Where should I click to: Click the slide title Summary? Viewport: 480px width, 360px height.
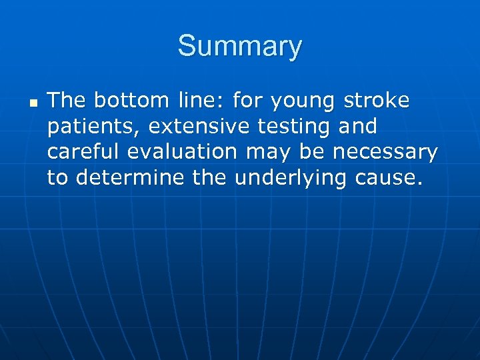[x=240, y=47]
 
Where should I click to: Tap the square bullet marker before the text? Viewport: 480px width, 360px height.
[x=33, y=104]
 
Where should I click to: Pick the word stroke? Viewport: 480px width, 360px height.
[x=377, y=101]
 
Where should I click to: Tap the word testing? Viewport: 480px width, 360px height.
[x=291, y=127]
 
